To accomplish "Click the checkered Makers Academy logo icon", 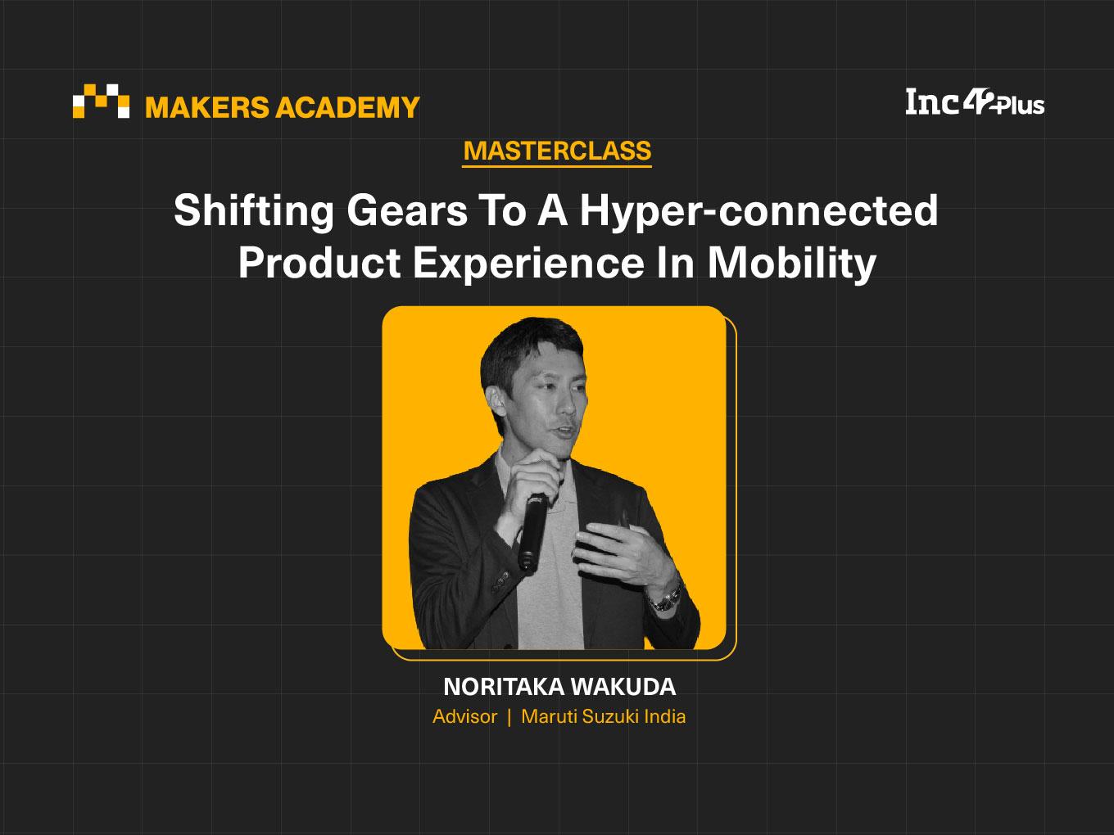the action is [x=101, y=101].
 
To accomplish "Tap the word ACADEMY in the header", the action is [x=347, y=107].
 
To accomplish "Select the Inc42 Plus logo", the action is [x=975, y=102].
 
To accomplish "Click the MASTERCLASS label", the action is [x=557, y=151].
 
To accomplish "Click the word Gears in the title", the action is [x=407, y=211].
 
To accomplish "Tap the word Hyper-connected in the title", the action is [x=759, y=211].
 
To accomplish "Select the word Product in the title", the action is [x=319, y=263].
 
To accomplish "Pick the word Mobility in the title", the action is [x=792, y=264].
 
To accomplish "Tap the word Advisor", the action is [x=465, y=716].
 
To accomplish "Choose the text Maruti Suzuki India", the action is [x=604, y=716].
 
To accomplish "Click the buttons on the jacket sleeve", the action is [x=500, y=580].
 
